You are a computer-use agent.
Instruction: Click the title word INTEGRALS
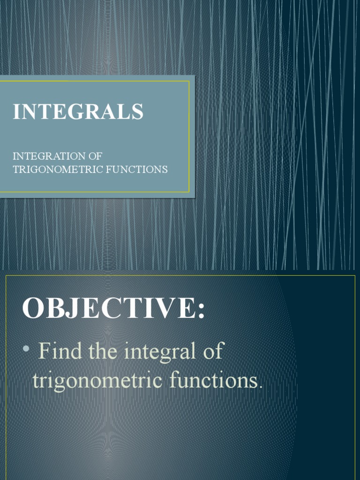[78, 112]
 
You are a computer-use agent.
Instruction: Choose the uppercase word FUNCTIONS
[136, 169]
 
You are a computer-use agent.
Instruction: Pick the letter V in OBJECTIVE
[159, 308]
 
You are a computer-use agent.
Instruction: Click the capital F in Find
[45, 351]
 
